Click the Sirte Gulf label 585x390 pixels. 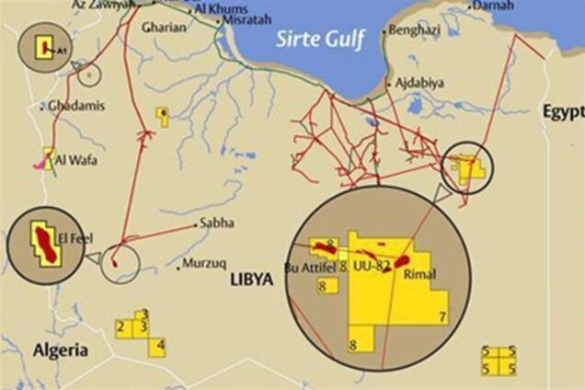click(x=322, y=39)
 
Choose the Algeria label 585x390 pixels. click(x=60, y=350)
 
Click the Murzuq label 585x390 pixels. click(x=203, y=263)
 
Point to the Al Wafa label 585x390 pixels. click(x=75, y=160)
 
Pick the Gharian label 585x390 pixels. click(x=165, y=28)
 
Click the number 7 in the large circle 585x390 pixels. click(x=442, y=317)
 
